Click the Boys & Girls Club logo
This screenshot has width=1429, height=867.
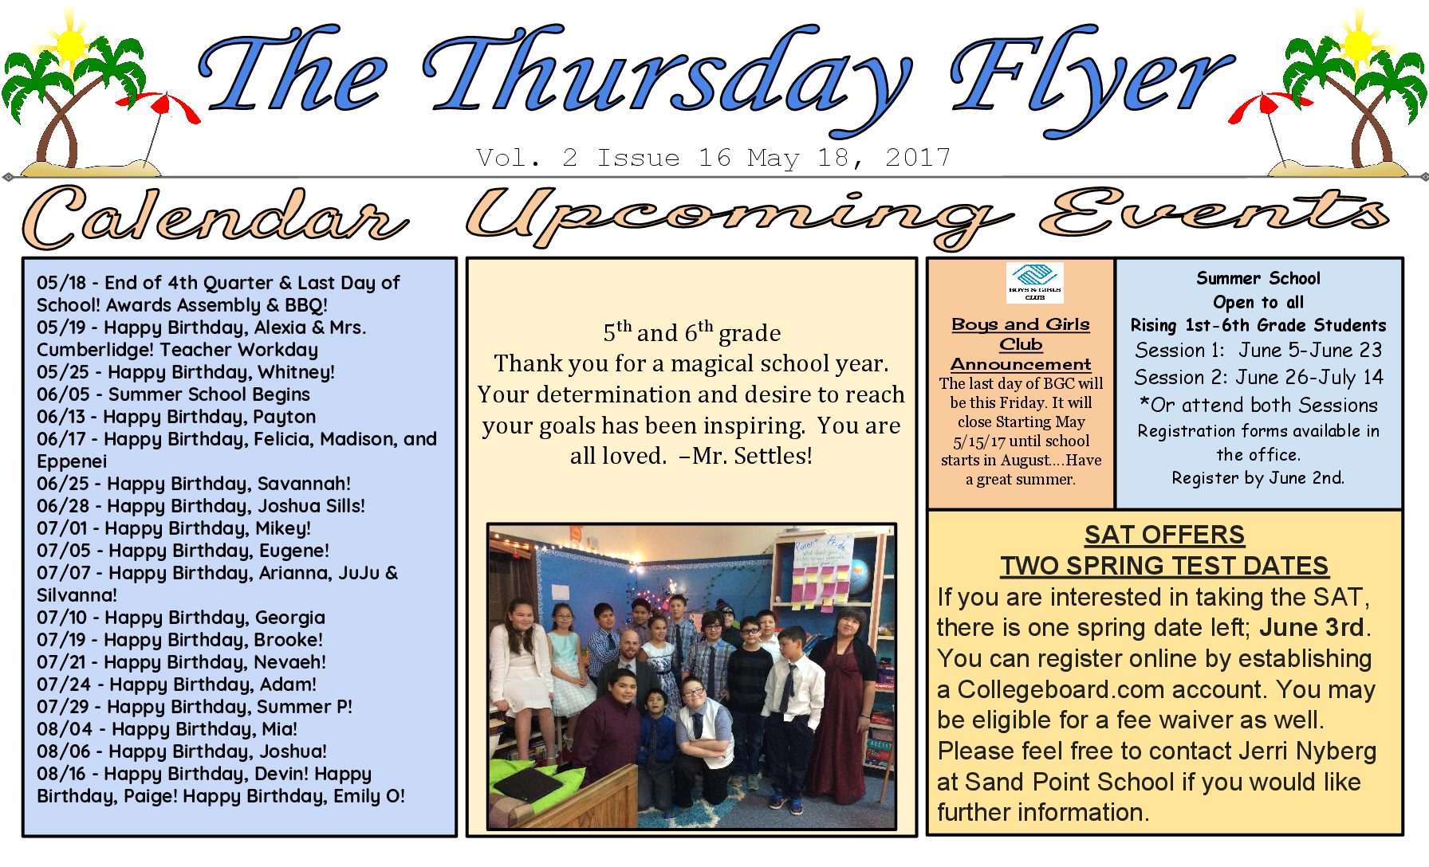(1034, 283)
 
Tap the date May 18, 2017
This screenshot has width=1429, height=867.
(848, 158)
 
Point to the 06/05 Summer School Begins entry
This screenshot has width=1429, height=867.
(173, 394)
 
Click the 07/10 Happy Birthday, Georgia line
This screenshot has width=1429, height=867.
(181, 618)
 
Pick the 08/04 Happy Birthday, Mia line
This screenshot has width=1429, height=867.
(167, 729)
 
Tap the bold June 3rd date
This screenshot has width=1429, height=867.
(1312, 628)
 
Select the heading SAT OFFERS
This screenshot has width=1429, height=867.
(1164, 535)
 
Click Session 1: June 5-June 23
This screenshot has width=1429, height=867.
(1258, 351)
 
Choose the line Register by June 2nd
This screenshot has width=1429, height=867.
(1258, 478)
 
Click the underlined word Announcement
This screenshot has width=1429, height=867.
(1021, 364)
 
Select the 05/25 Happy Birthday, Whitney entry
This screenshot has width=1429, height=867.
(186, 372)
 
